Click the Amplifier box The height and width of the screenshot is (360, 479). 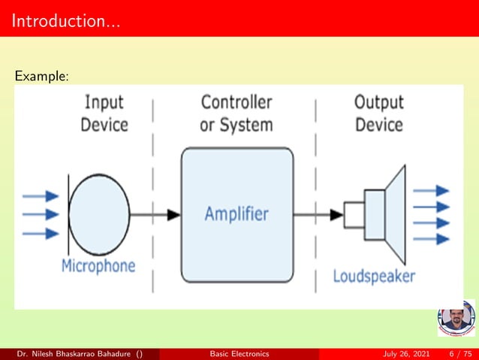(x=236, y=214)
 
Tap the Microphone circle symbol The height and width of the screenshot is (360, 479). (x=99, y=214)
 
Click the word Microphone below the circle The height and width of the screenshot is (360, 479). (x=98, y=265)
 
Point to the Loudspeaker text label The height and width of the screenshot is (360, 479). (x=374, y=276)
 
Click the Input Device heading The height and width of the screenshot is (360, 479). (x=104, y=113)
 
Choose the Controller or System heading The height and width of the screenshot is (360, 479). (x=236, y=113)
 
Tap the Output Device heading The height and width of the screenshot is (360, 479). (x=378, y=113)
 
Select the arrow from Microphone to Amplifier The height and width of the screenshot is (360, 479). (x=155, y=214)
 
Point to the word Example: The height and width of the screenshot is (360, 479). (x=42, y=76)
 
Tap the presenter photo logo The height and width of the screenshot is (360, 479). (x=456, y=318)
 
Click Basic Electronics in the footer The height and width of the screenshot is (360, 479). (x=239, y=353)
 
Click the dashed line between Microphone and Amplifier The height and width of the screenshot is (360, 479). (x=153, y=150)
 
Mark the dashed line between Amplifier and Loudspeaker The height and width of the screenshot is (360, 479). (x=316, y=150)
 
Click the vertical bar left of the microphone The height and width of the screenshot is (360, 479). (x=69, y=214)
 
